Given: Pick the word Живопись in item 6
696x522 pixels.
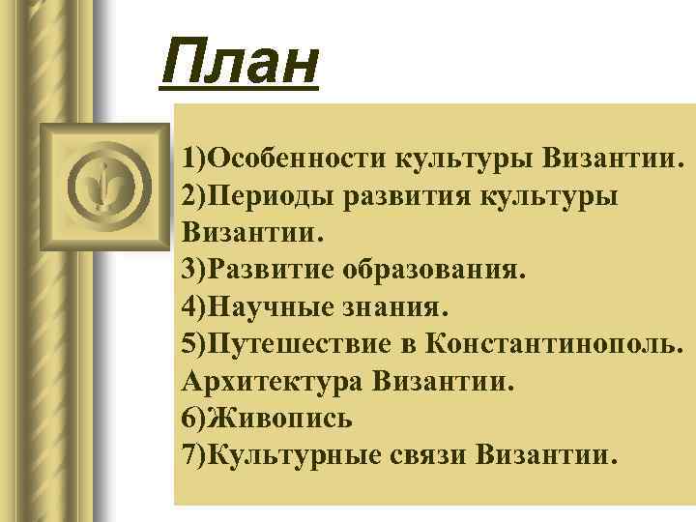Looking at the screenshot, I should [280, 419].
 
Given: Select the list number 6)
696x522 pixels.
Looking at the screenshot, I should [194, 419].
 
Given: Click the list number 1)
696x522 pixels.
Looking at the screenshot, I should [194, 157].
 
